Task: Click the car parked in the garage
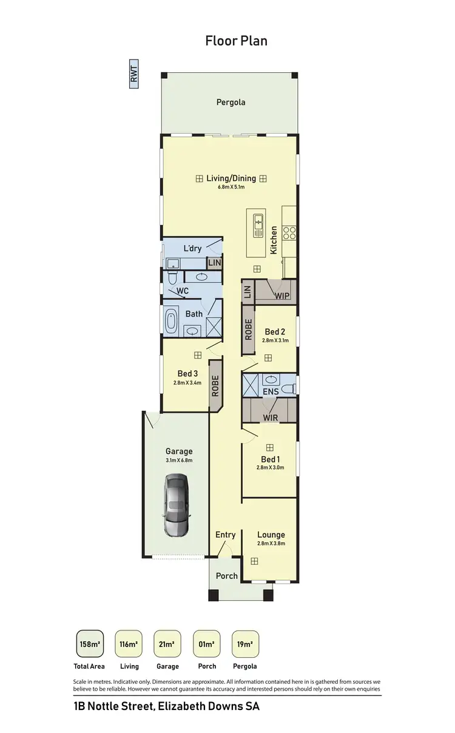click(177, 505)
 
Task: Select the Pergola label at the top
click(231, 102)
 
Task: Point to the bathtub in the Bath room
click(171, 320)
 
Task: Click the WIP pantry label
click(282, 296)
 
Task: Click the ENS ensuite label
click(271, 392)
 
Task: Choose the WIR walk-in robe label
click(270, 417)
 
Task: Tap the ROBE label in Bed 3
click(215, 385)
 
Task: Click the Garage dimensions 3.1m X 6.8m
click(179, 461)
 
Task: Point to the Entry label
click(225, 535)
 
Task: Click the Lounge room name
click(271, 535)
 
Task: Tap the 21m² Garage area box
click(167, 644)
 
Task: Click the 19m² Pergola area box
click(245, 644)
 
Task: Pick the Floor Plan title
click(236, 41)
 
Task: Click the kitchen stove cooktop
click(290, 231)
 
